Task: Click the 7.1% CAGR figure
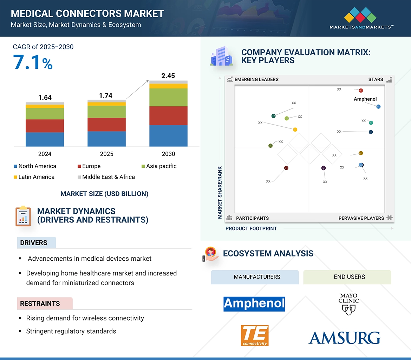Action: point(33,62)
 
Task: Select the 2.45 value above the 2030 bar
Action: point(168,76)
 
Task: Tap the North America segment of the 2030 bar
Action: point(168,135)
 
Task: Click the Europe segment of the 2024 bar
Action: point(45,126)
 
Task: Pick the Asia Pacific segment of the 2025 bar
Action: point(106,112)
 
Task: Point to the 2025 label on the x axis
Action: point(106,154)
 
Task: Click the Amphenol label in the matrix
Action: point(365,99)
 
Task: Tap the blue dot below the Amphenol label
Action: point(378,107)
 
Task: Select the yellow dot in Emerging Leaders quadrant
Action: point(295,129)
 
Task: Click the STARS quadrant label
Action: point(376,79)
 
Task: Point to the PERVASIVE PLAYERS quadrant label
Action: point(361,218)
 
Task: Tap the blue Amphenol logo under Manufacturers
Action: point(254,304)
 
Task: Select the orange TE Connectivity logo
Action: point(255,335)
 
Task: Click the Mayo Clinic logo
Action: point(348,304)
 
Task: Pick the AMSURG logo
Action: point(344,338)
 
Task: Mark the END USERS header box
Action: point(347,277)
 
